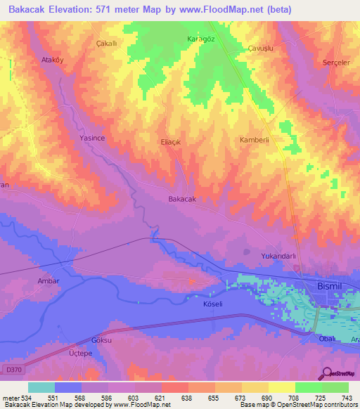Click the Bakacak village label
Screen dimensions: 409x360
coord(181,200)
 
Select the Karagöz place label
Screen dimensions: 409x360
coord(200,38)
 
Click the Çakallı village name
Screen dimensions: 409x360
coord(105,43)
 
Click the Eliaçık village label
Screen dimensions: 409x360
coord(172,141)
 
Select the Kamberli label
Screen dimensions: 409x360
coord(255,140)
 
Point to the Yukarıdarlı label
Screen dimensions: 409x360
coord(278,256)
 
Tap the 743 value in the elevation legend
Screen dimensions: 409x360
coord(345,398)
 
